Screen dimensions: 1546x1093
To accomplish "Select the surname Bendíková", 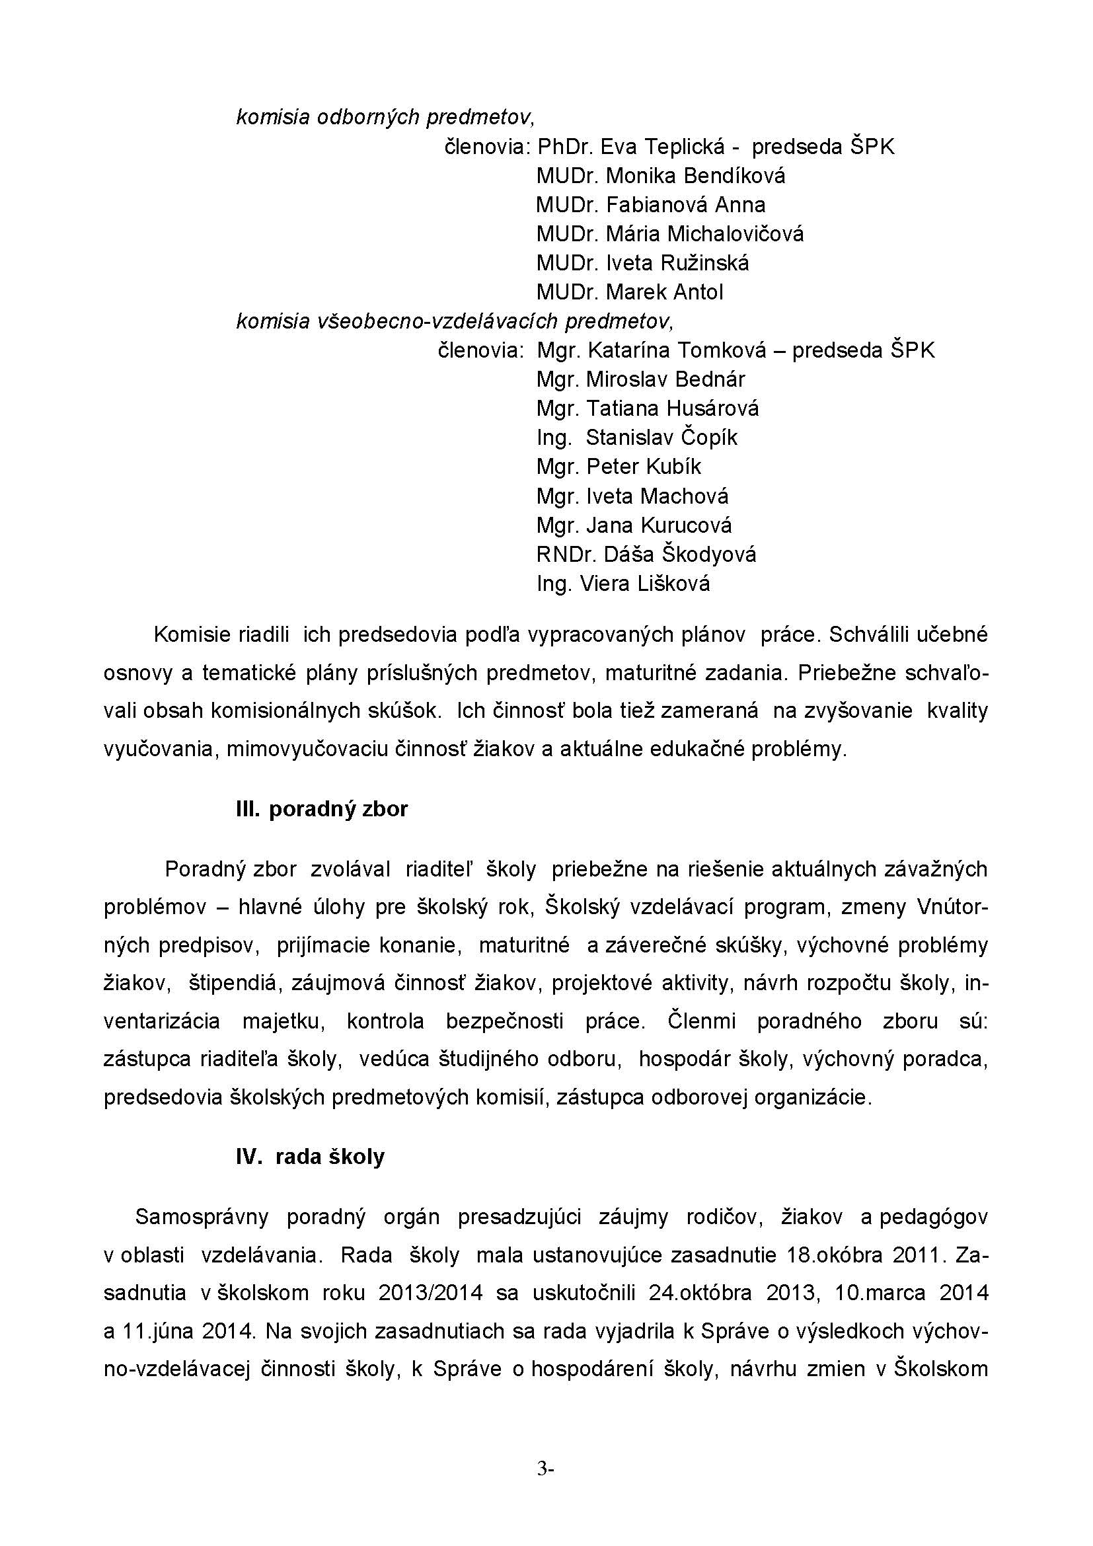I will (x=734, y=176).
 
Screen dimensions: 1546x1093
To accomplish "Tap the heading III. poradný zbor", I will (x=322, y=808).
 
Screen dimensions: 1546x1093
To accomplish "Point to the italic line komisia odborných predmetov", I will (x=385, y=118).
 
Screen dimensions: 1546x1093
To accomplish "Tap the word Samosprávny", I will (x=202, y=1217).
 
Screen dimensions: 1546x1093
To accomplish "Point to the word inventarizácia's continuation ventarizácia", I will (x=161, y=1021).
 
